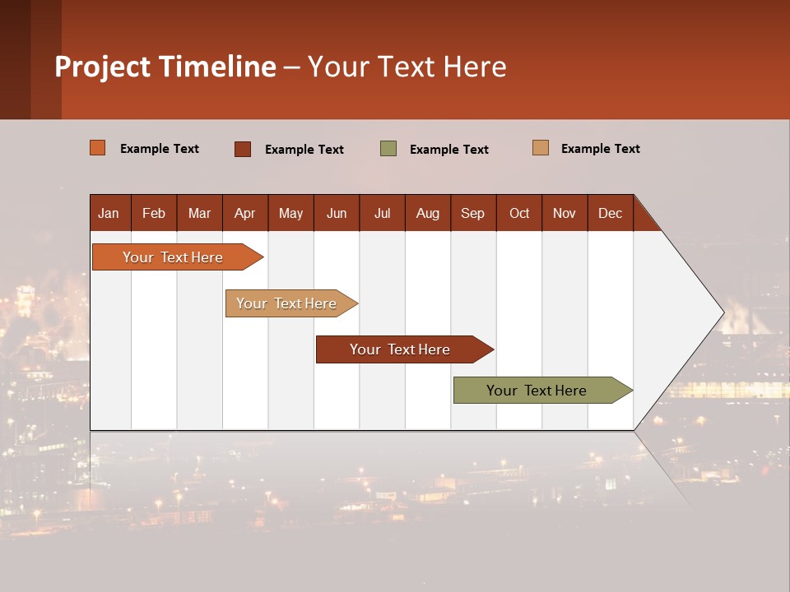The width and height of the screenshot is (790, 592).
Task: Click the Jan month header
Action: pyautogui.click(x=109, y=213)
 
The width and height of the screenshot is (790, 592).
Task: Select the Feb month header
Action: pyautogui.click(x=154, y=213)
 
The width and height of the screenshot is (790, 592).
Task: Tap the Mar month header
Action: pyautogui.click(x=199, y=213)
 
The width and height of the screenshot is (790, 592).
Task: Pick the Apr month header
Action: pyautogui.click(x=245, y=213)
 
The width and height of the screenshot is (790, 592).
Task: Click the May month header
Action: pyautogui.click(x=290, y=213)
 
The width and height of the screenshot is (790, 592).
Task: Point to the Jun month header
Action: pyautogui.click(x=337, y=213)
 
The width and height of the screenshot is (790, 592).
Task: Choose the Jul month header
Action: pyautogui.click(x=382, y=213)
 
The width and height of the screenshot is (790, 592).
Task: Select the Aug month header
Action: pyautogui.click(x=428, y=213)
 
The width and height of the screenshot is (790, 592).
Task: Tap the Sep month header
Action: pyautogui.click(x=473, y=213)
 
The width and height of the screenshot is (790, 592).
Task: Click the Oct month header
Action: pyautogui.click(x=519, y=213)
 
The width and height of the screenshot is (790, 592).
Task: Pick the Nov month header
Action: pyautogui.click(x=565, y=213)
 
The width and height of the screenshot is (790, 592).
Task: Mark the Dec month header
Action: pyautogui.click(x=611, y=213)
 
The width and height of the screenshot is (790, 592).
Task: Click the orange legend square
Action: pyautogui.click(x=98, y=148)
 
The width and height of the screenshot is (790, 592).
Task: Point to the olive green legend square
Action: pyautogui.click(x=388, y=149)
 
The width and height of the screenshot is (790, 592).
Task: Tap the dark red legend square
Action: pyautogui.click(x=243, y=149)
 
